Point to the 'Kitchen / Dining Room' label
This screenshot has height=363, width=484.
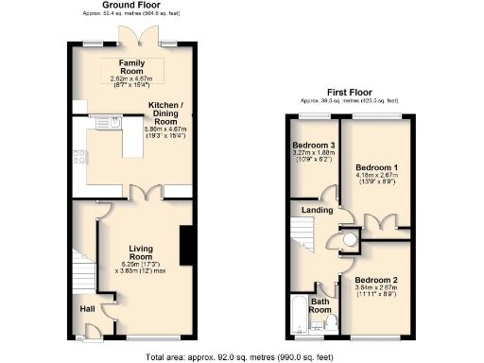pos(165,113)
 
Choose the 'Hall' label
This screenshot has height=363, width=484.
pos(87,308)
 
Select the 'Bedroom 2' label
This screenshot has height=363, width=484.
pos(374,280)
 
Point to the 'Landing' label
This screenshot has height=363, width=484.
pos(316,210)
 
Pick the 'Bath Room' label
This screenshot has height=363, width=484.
pos(320,304)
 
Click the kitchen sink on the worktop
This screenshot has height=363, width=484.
pos(111,122)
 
